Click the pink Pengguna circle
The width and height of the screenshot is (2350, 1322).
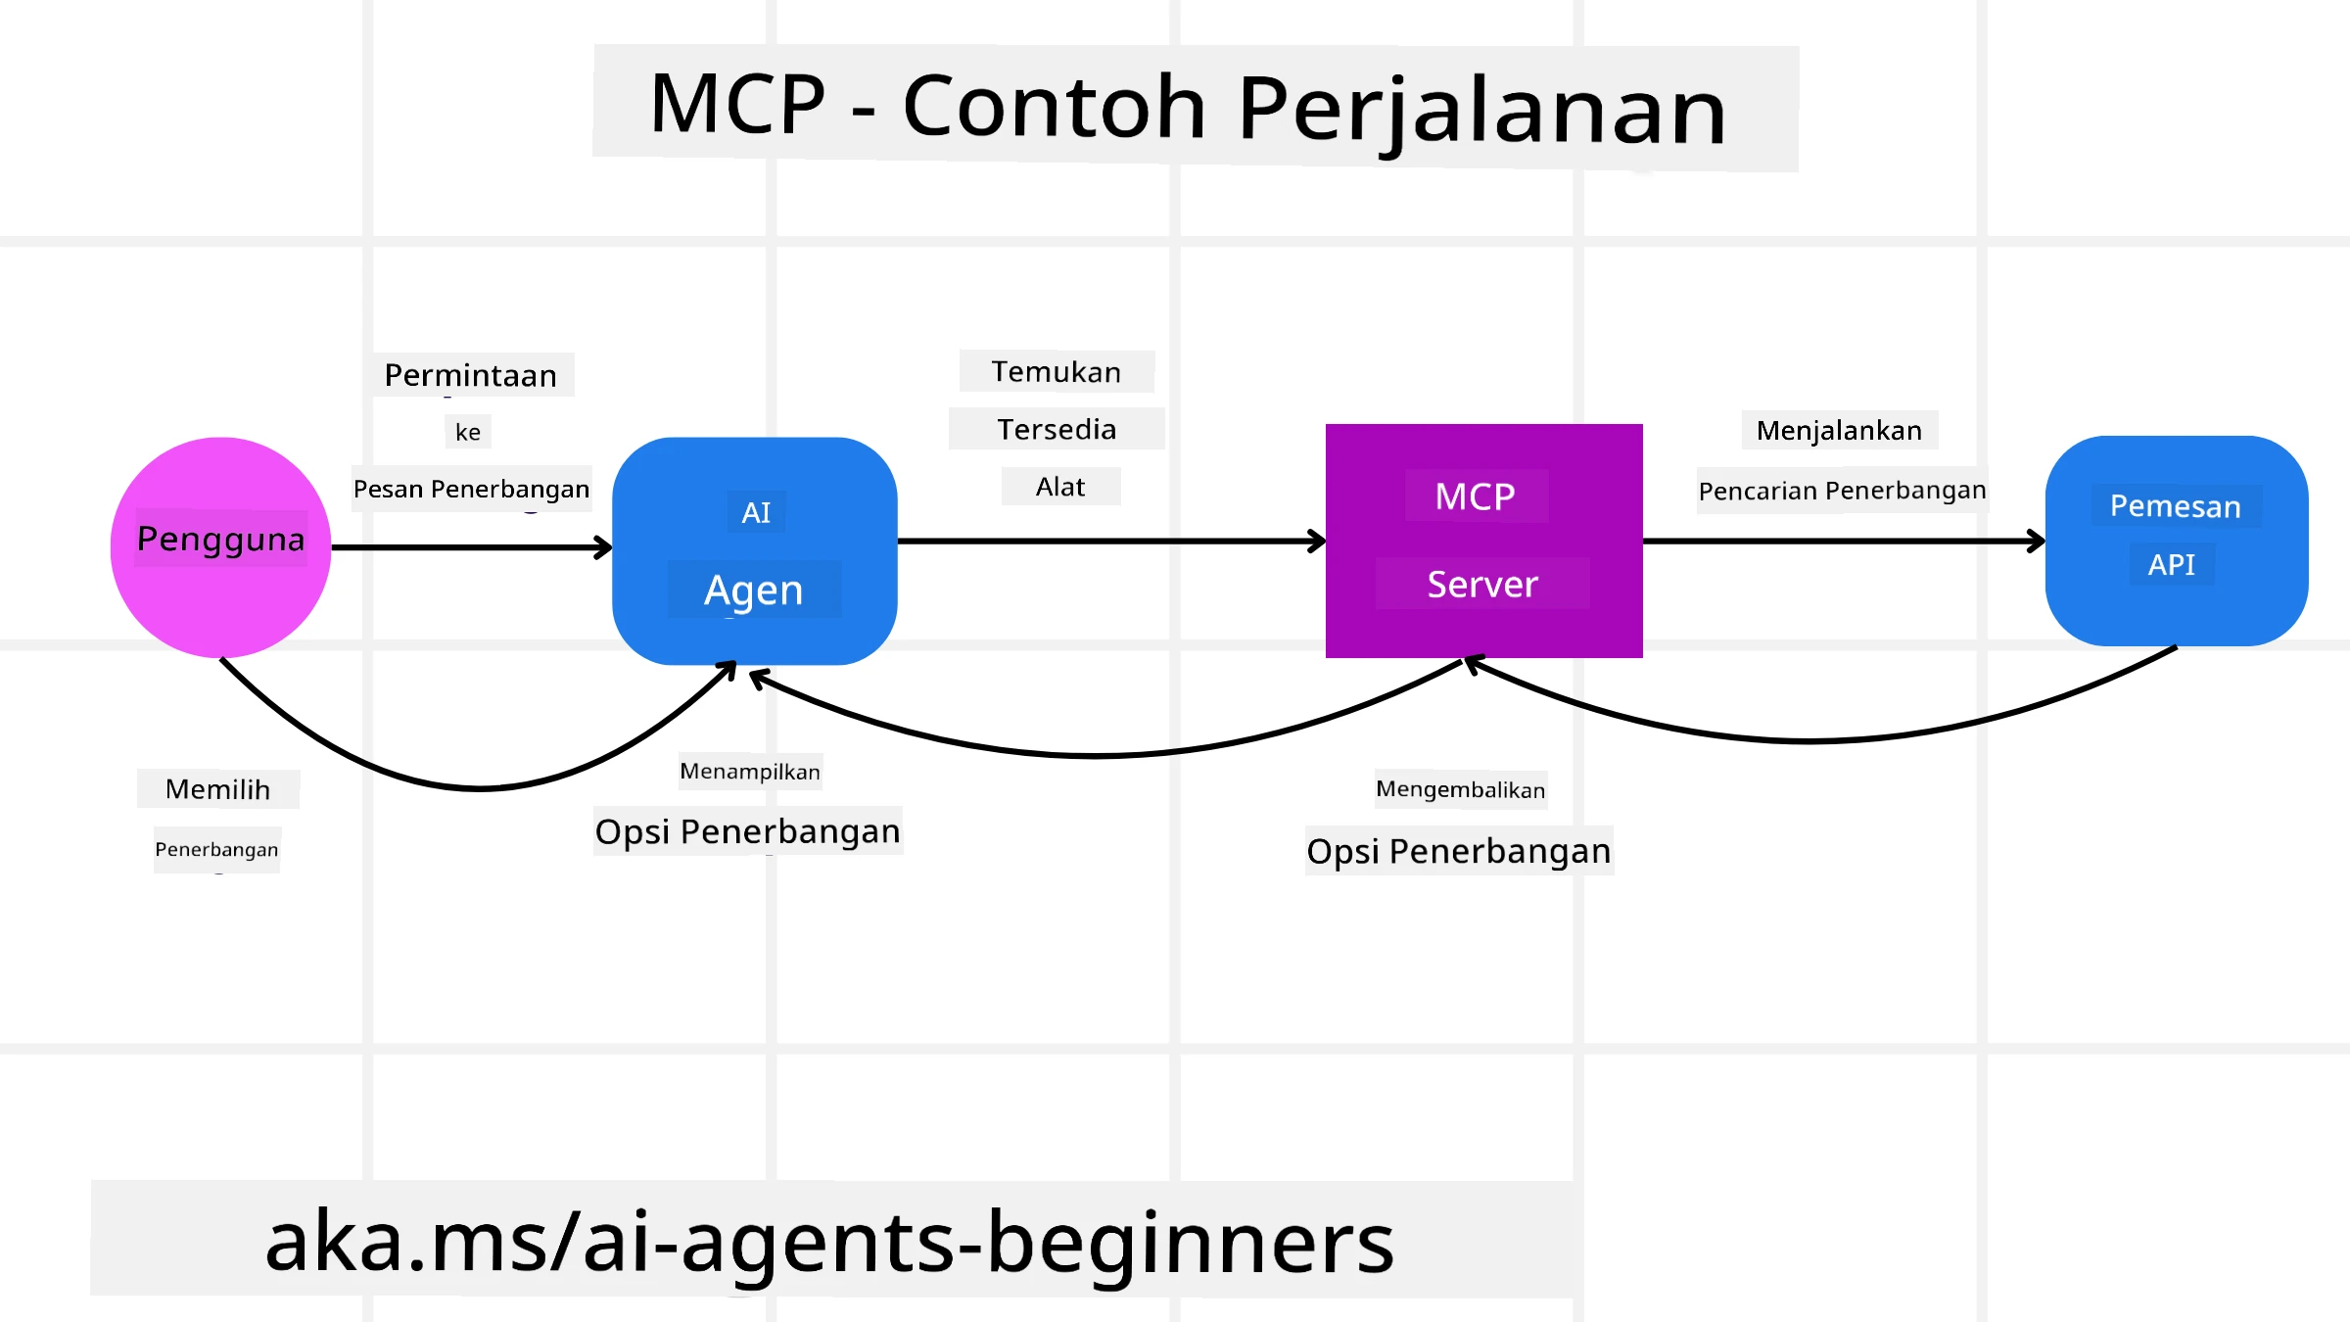click(x=220, y=588)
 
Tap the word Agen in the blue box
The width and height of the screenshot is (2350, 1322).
click(x=754, y=590)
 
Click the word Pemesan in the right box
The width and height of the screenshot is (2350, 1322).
click(x=2175, y=506)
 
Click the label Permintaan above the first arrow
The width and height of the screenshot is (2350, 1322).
click(x=471, y=375)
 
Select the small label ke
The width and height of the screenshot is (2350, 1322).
click(x=468, y=432)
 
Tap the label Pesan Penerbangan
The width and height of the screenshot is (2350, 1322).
click(x=471, y=489)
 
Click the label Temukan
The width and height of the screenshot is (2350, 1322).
click(x=1057, y=372)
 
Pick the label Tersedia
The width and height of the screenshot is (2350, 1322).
click(x=1057, y=429)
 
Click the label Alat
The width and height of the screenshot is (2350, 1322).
click(x=1060, y=487)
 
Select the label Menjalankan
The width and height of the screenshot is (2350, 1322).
click(x=1839, y=430)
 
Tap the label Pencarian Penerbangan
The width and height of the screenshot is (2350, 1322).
click(x=1842, y=491)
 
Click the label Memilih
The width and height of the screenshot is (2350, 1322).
click(x=217, y=789)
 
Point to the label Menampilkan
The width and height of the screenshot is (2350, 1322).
click(x=750, y=772)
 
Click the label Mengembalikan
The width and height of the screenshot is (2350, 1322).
click(x=1460, y=789)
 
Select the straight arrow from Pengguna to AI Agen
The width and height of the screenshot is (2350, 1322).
click(x=470, y=547)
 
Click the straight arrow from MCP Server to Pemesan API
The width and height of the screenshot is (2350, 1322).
click(x=1841, y=541)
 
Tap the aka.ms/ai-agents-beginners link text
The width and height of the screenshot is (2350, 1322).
click(x=829, y=1242)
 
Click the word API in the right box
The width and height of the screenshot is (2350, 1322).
click(x=2171, y=565)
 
